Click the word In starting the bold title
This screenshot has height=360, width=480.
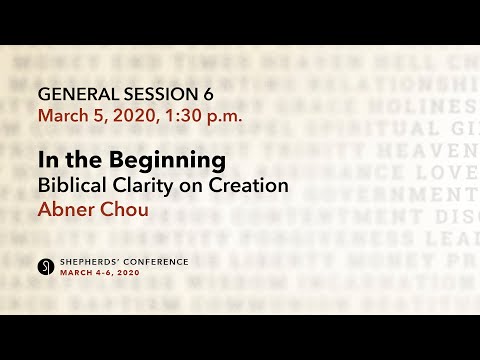point(47,160)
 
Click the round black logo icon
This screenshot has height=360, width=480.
point(45,266)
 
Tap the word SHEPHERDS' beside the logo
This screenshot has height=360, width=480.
point(91,262)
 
